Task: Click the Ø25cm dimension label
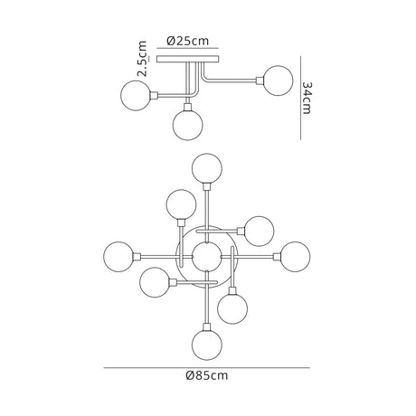pos(187,41)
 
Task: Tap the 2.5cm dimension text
pos(142,59)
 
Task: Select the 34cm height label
pos(307,98)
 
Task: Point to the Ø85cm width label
pos(207,375)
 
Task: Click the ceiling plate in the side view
pos(187,59)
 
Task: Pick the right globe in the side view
pos(278,80)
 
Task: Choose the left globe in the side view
pos(136,96)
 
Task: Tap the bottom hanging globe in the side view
pos(187,125)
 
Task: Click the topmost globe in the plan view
pos(207,168)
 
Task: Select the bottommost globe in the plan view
pos(207,345)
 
